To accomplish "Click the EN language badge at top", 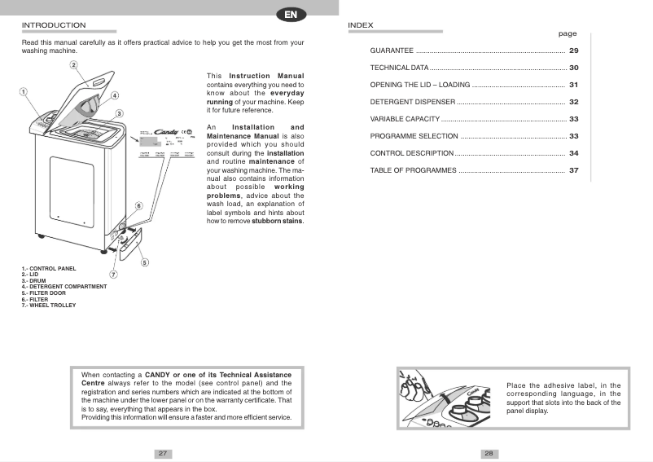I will [x=291, y=13].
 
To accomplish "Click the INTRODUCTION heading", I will [x=53, y=25].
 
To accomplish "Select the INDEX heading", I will [x=360, y=25].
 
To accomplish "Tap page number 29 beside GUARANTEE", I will [x=573, y=51].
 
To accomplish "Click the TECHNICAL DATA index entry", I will [x=399, y=68].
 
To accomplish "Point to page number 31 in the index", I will [x=573, y=85].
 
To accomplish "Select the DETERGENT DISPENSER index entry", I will [x=412, y=102].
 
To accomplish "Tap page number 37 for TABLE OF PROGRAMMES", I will [x=573, y=170].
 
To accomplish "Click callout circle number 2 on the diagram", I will [x=73, y=64].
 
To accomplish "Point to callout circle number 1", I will [x=24, y=92].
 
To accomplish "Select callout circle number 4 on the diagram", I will [x=115, y=95].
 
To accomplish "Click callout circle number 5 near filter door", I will [x=144, y=262].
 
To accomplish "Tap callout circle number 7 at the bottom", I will [x=113, y=274].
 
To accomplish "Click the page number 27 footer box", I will [x=163, y=453].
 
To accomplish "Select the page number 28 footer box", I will [x=489, y=453].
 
